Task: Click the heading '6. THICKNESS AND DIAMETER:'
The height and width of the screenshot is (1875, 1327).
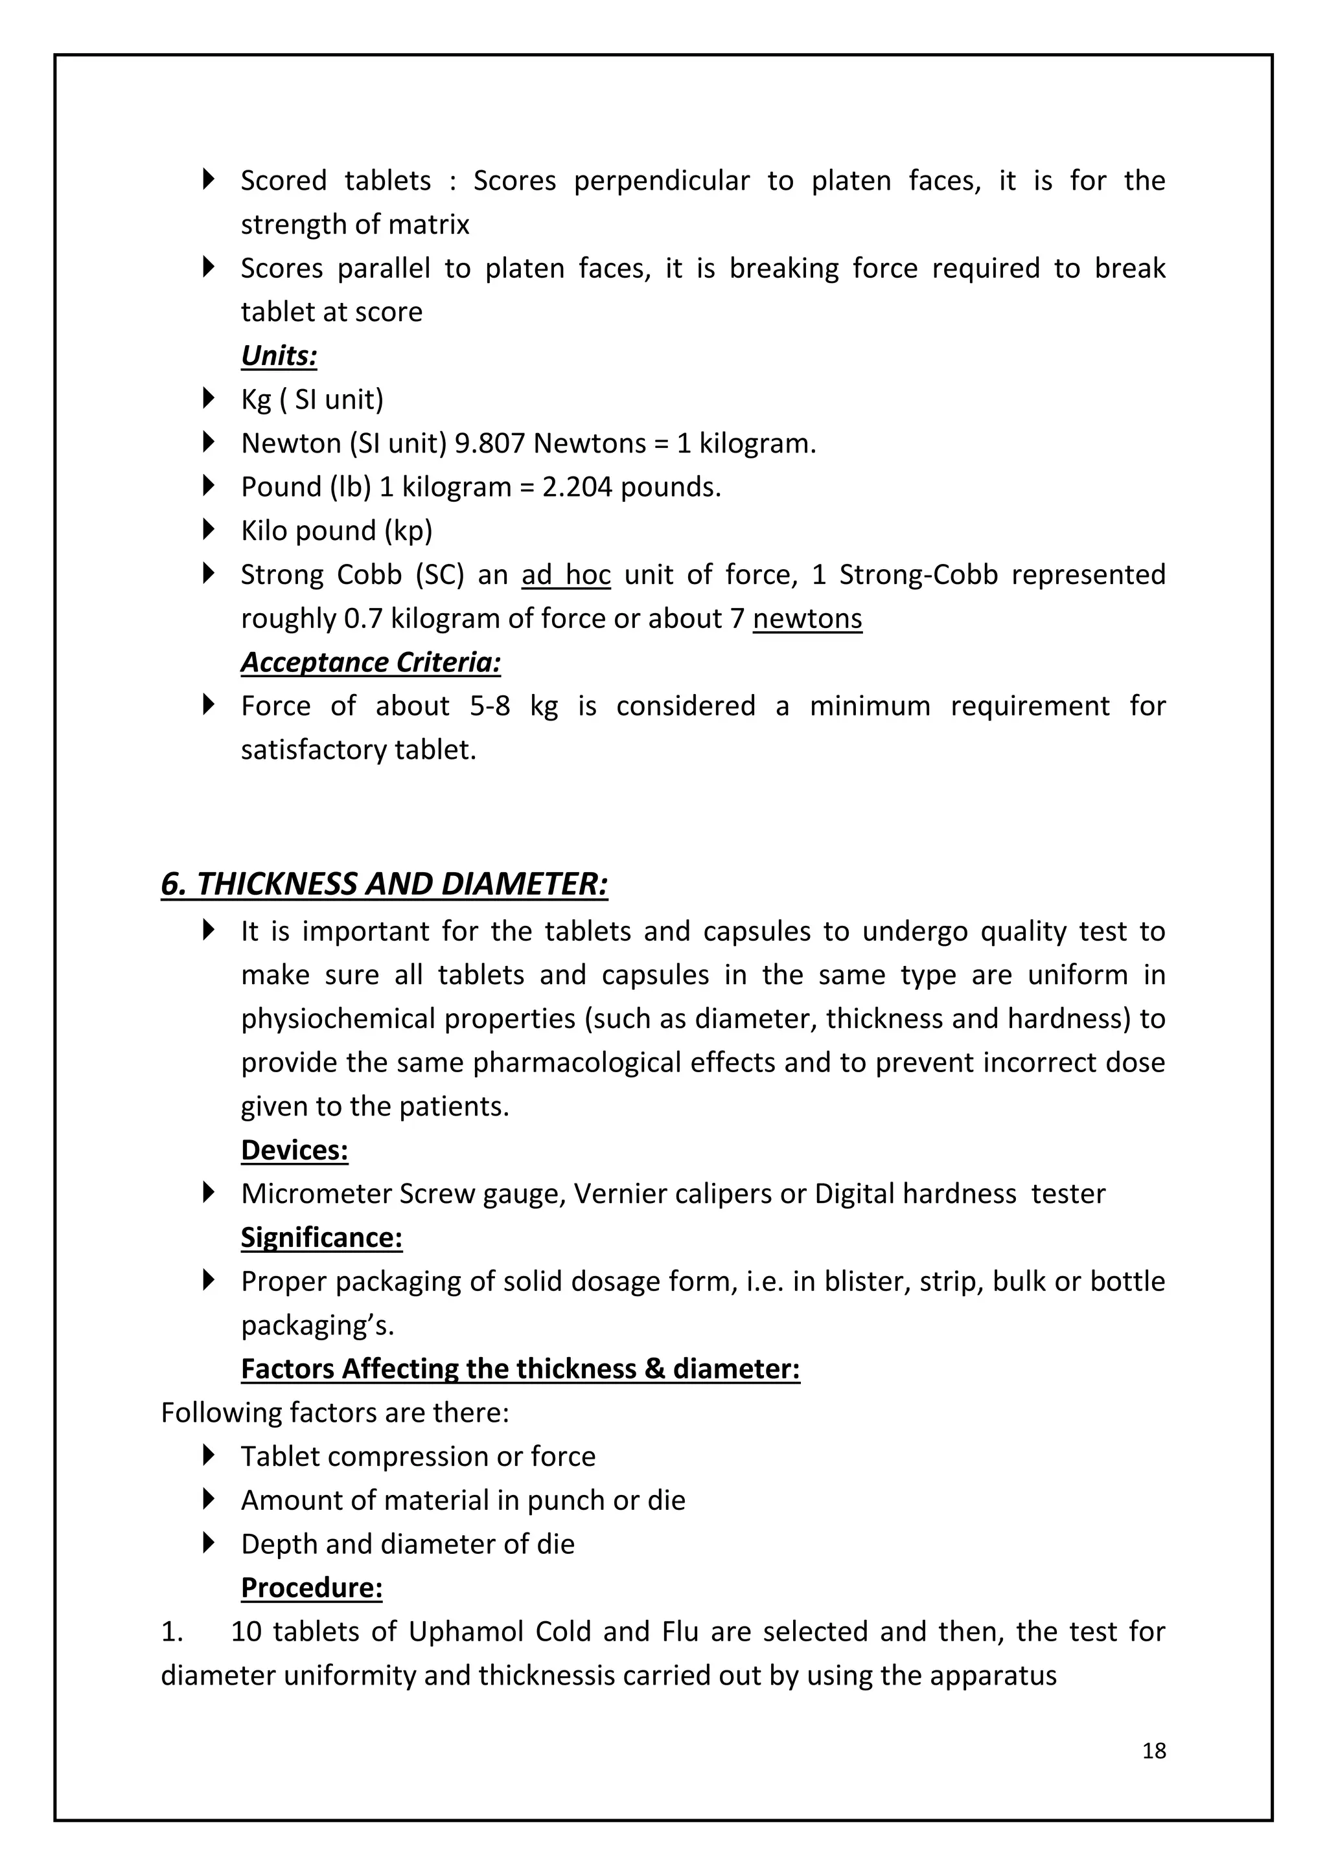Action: [x=384, y=884]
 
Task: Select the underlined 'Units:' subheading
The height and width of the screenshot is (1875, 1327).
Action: [x=279, y=355]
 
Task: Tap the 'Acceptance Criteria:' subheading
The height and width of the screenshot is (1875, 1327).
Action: [x=370, y=662]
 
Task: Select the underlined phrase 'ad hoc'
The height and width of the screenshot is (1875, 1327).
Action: [x=566, y=575]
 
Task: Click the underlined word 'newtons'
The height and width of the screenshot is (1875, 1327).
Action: [x=807, y=619]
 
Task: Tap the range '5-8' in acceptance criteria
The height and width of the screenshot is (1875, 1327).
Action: [x=489, y=706]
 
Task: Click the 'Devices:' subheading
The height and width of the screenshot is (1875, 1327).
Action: [x=294, y=1150]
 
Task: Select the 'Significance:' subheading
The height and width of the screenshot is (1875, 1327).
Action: [x=321, y=1237]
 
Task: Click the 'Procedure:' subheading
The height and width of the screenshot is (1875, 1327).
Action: [x=311, y=1588]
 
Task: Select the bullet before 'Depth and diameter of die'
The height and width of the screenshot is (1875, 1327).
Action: [x=209, y=1543]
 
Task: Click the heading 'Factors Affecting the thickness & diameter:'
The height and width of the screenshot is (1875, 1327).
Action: [x=520, y=1369]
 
